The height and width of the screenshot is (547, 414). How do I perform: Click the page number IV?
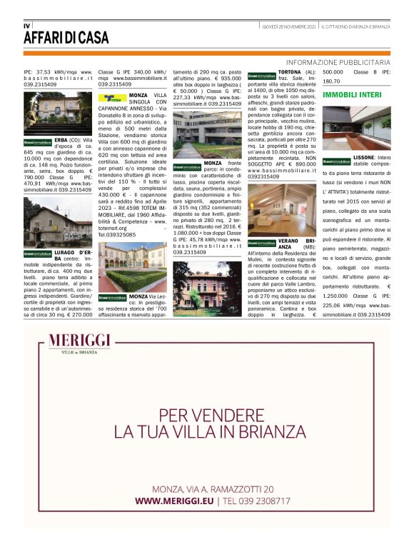(x=27, y=25)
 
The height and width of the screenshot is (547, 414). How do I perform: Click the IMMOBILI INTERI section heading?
(x=356, y=94)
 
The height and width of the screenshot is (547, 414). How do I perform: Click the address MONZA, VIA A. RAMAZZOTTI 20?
(x=213, y=488)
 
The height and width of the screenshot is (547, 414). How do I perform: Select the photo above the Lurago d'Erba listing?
(x=57, y=221)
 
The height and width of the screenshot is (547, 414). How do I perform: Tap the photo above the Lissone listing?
(x=356, y=126)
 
